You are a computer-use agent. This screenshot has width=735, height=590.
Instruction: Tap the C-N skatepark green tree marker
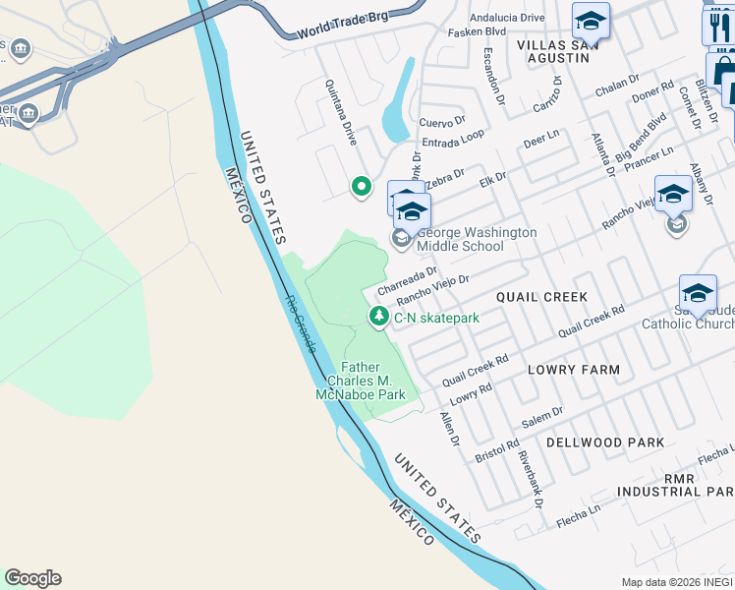pos(378,317)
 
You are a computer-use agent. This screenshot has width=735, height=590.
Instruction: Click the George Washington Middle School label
pos(478,239)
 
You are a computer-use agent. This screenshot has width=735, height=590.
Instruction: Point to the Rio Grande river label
pos(301,324)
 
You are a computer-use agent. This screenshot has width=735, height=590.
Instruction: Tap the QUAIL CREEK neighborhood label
pos(541,297)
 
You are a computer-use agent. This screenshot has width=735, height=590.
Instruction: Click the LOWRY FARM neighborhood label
pos(574,371)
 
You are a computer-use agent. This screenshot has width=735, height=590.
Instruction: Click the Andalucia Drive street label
pos(507,18)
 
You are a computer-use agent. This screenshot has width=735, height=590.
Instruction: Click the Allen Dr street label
pos(449,428)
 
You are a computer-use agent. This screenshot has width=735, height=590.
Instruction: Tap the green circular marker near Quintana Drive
pos(362,185)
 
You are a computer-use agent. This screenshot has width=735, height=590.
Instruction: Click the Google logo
pos(32,578)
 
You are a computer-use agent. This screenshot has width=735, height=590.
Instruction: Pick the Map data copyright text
pos(677,582)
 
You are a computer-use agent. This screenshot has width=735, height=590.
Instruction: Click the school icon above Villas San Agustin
pos(591,21)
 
